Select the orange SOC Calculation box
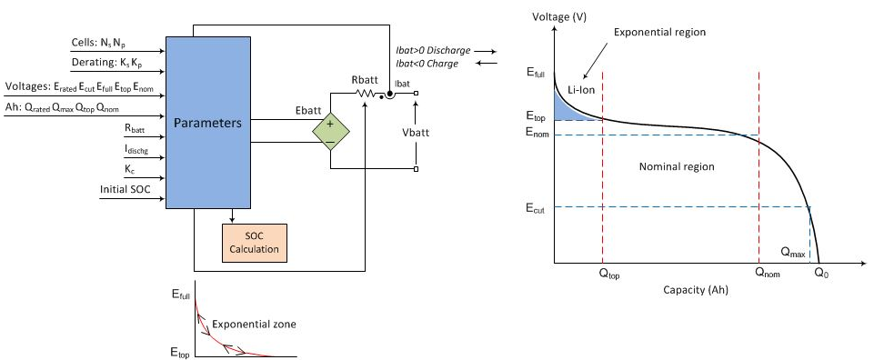255,242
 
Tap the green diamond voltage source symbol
331,132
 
